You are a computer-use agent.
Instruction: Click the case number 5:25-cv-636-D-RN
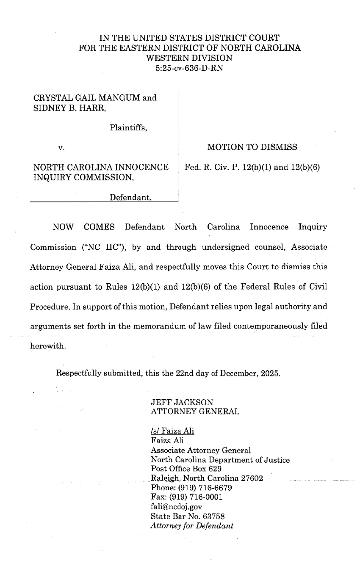189,67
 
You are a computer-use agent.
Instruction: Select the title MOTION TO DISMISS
252,147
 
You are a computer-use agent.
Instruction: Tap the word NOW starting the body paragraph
62,227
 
